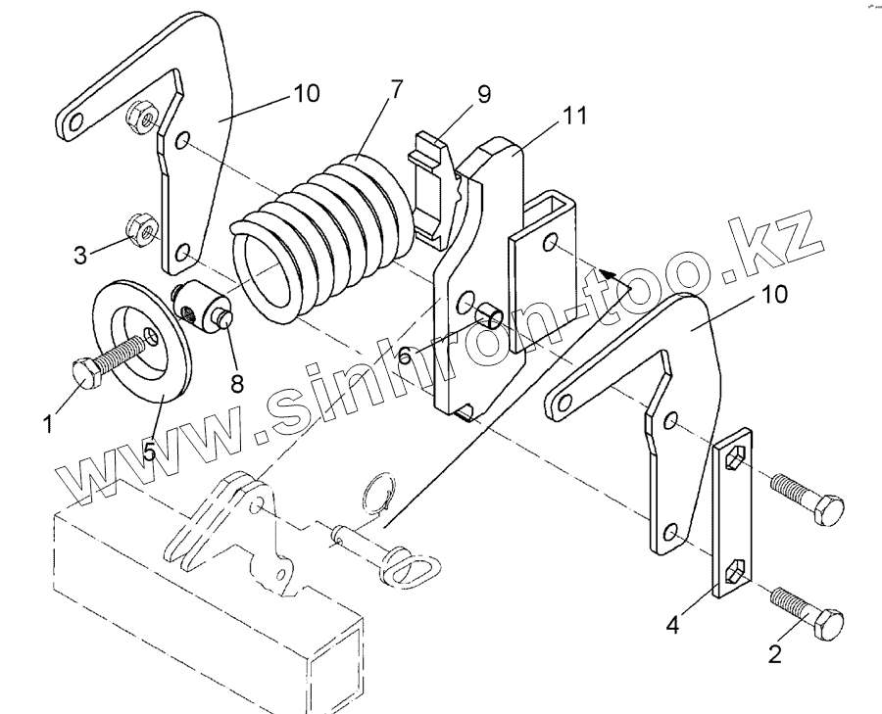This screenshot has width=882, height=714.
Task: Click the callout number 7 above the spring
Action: click(x=395, y=88)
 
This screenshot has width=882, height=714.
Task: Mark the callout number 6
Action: click(x=405, y=355)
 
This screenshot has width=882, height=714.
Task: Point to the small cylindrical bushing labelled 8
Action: click(x=202, y=307)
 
